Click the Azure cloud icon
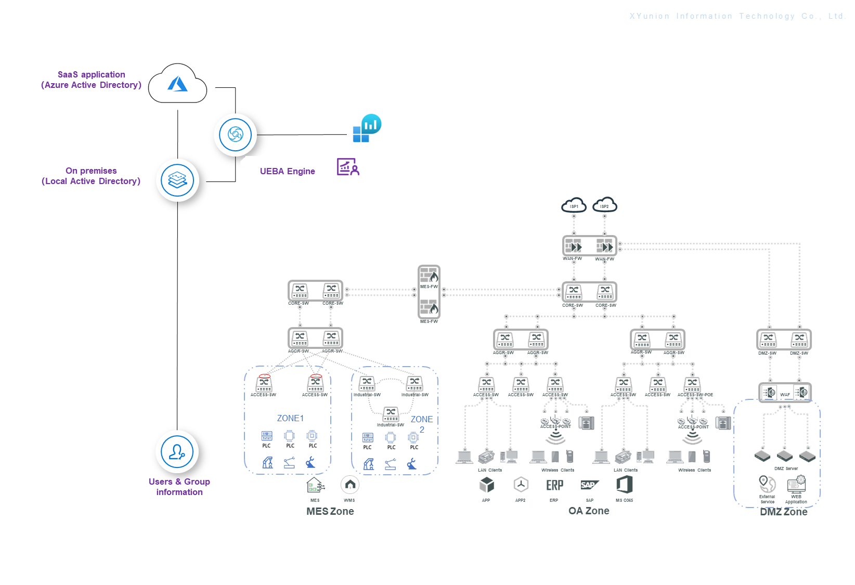point(177,84)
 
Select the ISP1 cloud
point(574,205)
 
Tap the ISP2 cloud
point(604,205)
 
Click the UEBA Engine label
point(287,171)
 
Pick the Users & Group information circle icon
point(177,452)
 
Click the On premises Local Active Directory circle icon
point(177,180)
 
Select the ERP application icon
point(554,485)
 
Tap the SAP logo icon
point(589,485)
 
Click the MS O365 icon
point(624,485)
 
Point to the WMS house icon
point(350,485)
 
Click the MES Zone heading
point(330,511)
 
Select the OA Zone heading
point(589,511)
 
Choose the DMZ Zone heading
point(783,512)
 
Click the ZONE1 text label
point(290,418)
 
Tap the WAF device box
point(785,392)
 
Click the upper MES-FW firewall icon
point(429,276)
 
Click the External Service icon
point(767,484)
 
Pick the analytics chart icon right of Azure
point(367,128)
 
